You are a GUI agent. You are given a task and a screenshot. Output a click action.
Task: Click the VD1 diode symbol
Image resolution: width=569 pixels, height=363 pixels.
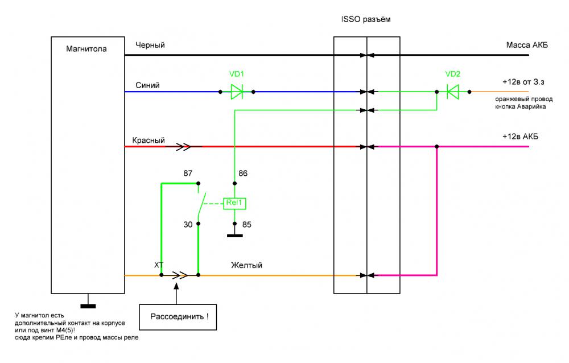237,91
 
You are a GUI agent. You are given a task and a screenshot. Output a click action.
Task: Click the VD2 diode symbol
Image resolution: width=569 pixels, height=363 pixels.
453,91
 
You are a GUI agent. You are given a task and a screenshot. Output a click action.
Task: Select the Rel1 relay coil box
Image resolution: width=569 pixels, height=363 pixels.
234,202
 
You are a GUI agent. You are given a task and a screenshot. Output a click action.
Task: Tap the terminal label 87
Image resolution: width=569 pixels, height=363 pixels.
188,172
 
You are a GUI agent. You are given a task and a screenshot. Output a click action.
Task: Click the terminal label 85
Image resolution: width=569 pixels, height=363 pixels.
247,224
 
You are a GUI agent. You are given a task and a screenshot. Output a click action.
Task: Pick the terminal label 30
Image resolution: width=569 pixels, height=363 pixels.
188,224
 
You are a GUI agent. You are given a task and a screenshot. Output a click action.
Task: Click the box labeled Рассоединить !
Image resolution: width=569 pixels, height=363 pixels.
179,316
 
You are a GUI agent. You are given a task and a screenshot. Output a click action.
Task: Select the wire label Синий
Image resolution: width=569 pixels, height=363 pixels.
147,85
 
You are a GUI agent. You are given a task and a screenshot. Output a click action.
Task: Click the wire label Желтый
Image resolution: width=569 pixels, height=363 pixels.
246,265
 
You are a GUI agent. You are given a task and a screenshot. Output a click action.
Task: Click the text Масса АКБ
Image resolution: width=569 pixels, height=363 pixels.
527,46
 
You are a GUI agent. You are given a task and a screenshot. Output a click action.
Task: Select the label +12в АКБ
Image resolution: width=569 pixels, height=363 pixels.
520,138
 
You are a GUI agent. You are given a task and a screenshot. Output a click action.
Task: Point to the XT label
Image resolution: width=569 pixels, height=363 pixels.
159,265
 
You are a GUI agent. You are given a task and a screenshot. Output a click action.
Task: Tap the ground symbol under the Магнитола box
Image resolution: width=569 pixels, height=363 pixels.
88,306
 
